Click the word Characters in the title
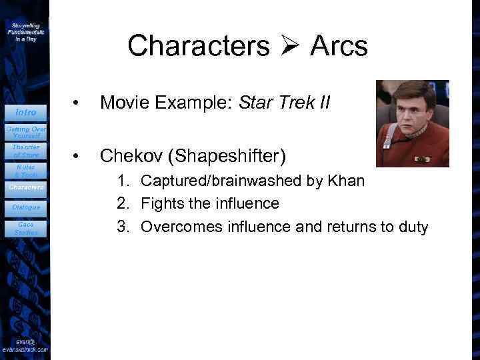point(198,46)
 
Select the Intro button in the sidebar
point(26,112)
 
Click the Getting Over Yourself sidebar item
point(26,131)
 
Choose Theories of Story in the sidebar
point(26,151)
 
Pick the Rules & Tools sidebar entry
point(26,171)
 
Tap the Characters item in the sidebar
point(26,187)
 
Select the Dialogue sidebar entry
point(26,207)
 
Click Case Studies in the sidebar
point(26,229)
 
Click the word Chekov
point(132,156)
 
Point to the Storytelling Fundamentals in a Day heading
point(26,31)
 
